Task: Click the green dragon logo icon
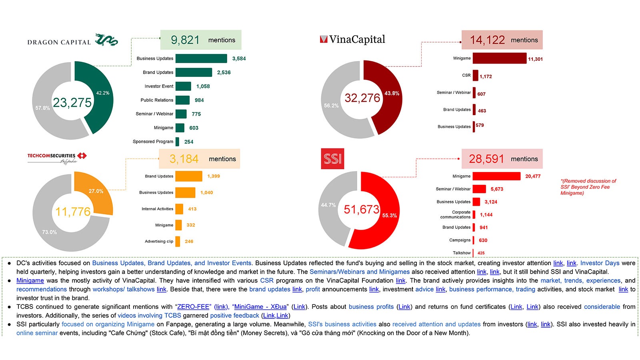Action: [106, 40]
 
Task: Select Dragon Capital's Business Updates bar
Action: [201, 58]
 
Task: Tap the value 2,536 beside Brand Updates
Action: [224, 72]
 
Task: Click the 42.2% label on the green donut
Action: [103, 93]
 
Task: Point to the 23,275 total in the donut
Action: [72, 103]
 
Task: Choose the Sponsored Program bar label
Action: [153, 142]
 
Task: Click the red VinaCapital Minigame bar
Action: [499, 58]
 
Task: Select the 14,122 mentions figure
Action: [487, 40]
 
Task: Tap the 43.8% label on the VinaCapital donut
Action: [392, 93]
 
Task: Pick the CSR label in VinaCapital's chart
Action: [466, 75]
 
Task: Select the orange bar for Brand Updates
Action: [189, 176]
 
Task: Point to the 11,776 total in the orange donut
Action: [73, 212]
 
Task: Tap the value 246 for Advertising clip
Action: [189, 242]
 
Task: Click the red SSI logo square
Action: [332, 159]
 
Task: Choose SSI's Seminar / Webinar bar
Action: [479, 189]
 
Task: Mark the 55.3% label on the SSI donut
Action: [389, 215]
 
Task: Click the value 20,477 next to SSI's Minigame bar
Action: [533, 176]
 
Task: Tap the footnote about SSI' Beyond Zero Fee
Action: [588, 187]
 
